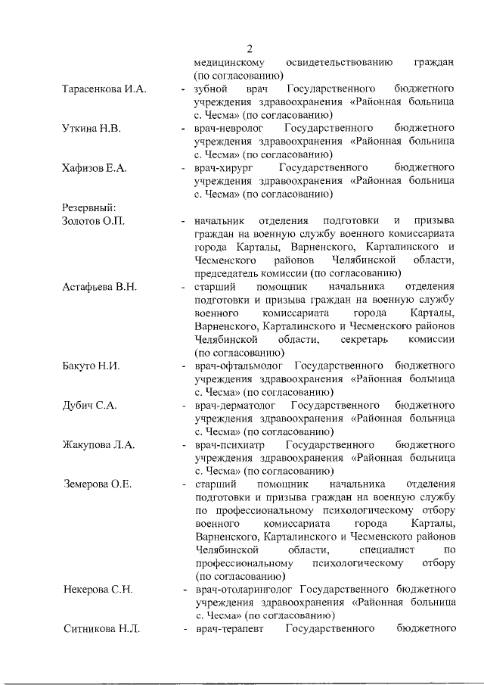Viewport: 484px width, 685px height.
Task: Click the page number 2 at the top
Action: coord(249,49)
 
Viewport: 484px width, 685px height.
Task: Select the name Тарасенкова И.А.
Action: coord(104,89)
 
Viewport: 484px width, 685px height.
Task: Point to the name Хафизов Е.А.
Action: coord(94,167)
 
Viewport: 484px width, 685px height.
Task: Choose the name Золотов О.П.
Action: coord(93,220)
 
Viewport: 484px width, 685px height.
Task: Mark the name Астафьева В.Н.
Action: coord(100,287)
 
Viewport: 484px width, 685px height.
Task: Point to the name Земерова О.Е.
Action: coord(98,484)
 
